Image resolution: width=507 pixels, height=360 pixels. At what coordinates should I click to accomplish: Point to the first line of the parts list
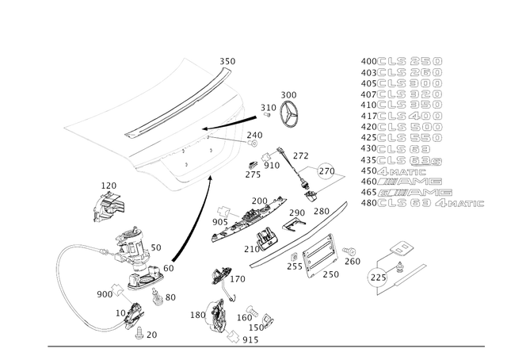click(x=400, y=59)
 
